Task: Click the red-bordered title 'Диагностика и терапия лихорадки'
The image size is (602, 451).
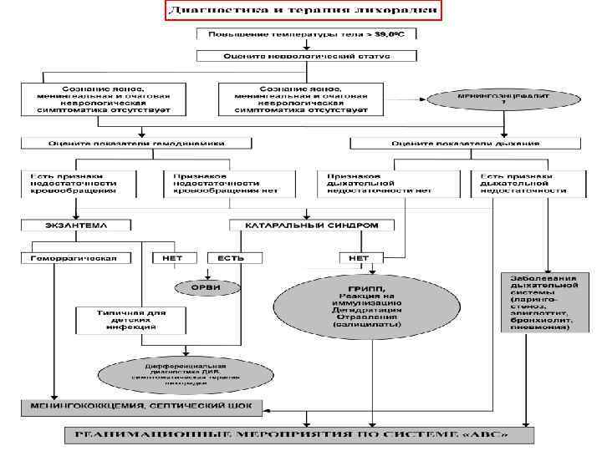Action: (302, 12)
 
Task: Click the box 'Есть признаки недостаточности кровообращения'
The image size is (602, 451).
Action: (81, 184)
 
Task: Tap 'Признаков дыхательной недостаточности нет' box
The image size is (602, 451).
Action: (373, 184)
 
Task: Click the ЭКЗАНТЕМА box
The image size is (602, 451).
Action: (78, 225)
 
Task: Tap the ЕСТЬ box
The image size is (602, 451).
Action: (230, 257)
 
